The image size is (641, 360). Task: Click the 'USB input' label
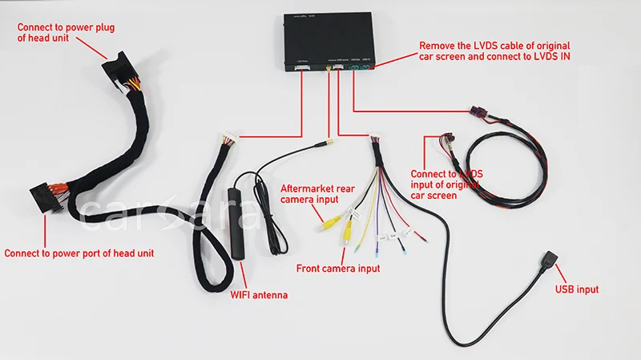576,289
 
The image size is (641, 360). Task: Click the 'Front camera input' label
338,269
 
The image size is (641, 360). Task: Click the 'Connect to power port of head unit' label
79,253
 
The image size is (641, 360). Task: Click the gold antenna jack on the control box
329,71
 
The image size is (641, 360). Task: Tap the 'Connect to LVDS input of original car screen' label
446,184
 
